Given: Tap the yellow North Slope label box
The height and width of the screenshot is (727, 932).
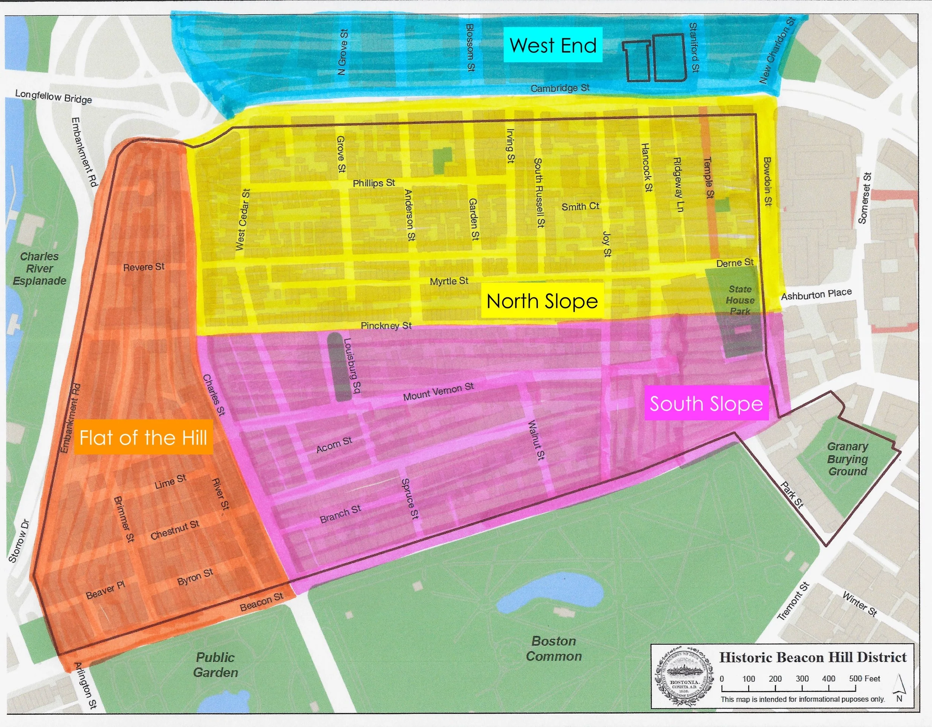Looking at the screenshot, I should click(542, 301).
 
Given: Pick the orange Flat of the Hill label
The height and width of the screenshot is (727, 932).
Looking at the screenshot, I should click(144, 438).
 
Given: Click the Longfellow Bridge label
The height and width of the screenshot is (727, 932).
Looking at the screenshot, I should click(53, 97).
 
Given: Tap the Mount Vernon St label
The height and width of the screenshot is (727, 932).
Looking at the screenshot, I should click(438, 391).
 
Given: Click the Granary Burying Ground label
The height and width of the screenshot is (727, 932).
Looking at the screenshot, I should click(847, 459).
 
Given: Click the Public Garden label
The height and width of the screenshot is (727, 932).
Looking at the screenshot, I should click(215, 665).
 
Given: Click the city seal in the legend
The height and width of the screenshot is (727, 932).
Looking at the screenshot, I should click(684, 679).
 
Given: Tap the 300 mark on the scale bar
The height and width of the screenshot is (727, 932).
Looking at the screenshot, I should click(802, 679).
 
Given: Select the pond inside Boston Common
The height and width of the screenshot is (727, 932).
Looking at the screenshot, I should click(551, 593).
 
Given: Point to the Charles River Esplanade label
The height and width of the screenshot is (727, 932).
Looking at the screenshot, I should click(39, 268).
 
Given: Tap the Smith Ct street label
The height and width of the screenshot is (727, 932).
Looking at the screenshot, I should click(580, 207).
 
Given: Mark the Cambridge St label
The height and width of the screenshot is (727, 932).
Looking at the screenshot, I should click(560, 88).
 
